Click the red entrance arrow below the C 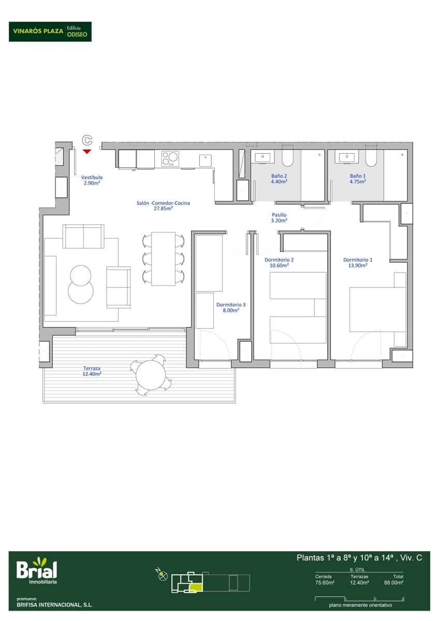coord(87,151)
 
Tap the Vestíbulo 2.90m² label coord(92,180)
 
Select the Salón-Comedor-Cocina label coord(163,206)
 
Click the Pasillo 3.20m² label coord(279,218)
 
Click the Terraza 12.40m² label coord(92,371)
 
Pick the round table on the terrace coord(151,375)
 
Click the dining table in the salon coord(163,259)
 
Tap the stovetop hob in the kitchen coord(170,159)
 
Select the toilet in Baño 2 coord(287,156)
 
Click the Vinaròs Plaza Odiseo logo coord(50,32)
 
